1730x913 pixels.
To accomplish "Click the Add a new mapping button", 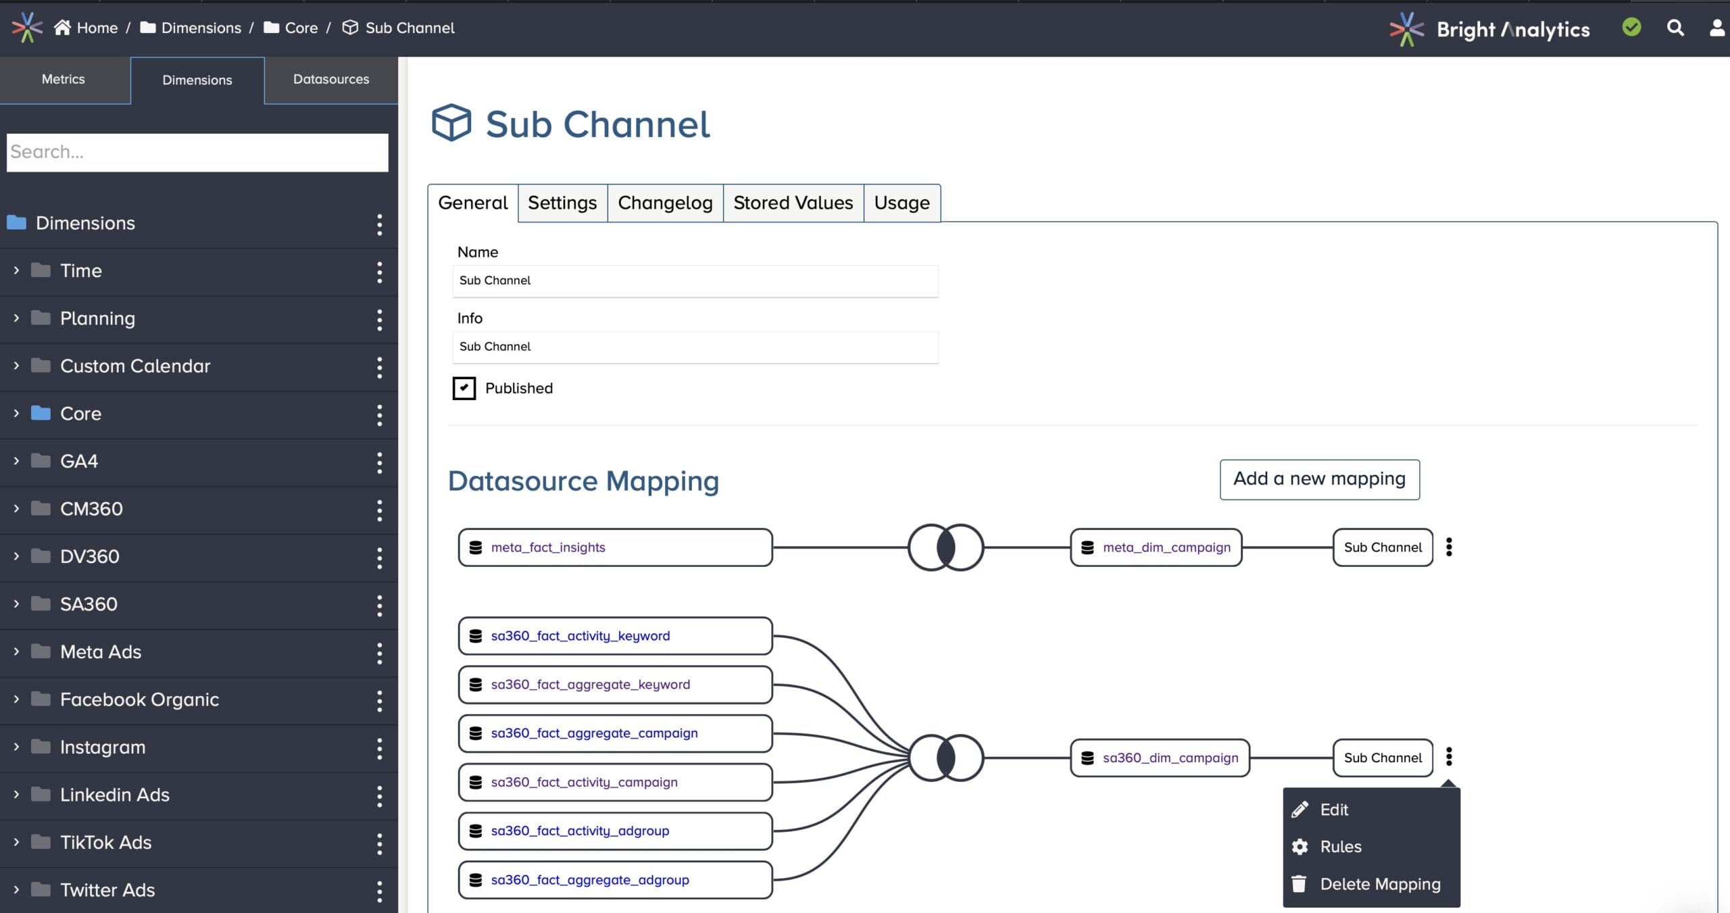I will click(1319, 479).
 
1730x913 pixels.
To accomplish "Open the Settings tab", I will click(562, 203).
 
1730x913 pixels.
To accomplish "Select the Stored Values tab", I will click(793, 203).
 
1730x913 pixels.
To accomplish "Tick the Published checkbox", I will click(464, 389).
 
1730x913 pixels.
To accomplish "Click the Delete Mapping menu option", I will click(1379, 884).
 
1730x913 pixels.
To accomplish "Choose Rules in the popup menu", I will click(1340, 847).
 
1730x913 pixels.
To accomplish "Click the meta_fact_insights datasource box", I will click(615, 547).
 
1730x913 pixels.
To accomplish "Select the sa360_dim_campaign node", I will click(1160, 758).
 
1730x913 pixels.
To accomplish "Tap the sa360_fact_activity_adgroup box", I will click(615, 831).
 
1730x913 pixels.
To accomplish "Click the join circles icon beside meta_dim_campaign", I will click(945, 547).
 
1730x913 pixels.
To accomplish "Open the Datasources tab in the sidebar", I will click(331, 80).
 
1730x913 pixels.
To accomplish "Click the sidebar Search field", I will click(197, 152).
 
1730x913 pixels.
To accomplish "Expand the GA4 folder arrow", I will click(16, 461).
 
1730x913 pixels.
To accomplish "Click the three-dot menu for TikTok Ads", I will click(380, 843).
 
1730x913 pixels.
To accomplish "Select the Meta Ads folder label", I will click(101, 652).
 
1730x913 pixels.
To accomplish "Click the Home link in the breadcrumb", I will click(97, 28).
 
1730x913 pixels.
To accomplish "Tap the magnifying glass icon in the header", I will click(1675, 28).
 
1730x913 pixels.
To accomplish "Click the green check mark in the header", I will click(1631, 28).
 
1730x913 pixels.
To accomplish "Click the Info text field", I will click(695, 347).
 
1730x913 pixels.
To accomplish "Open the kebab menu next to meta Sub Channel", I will click(1449, 547).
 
